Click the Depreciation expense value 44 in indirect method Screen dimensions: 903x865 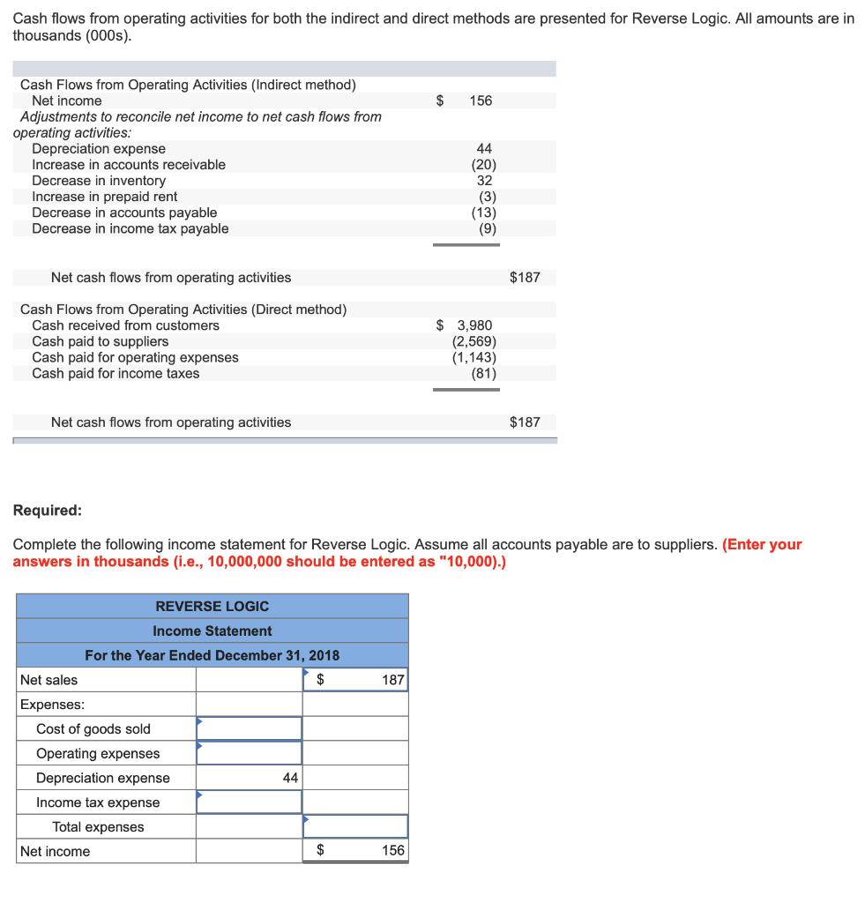click(x=484, y=149)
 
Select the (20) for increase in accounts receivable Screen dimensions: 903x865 click(x=483, y=165)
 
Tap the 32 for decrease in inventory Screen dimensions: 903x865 click(x=484, y=181)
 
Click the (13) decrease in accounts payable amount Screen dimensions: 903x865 click(x=483, y=213)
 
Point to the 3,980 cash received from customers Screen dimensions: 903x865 click(x=474, y=325)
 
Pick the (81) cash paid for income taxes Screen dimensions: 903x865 click(x=483, y=373)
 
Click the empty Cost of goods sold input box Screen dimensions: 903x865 click(x=249, y=728)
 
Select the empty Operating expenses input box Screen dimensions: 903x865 click(x=249, y=753)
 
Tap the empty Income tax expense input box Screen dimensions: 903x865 click(x=249, y=802)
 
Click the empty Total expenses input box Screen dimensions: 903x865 click(x=355, y=826)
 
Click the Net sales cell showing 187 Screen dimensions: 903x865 click(x=392, y=680)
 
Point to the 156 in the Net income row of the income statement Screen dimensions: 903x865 click(x=392, y=851)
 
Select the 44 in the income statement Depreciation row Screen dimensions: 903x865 click(x=289, y=778)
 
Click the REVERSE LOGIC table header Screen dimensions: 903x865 click(x=213, y=606)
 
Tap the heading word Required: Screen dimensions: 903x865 click(x=48, y=511)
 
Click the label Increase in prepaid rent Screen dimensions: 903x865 click(x=104, y=197)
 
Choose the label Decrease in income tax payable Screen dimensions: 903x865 click(x=130, y=228)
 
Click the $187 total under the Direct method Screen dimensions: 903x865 click(x=525, y=422)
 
